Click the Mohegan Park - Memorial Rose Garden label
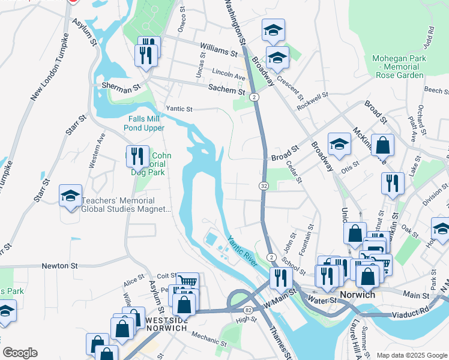coord(399,67)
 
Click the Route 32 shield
coord(264,186)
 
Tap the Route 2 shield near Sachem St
coord(255,96)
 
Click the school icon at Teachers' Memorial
coord(70,196)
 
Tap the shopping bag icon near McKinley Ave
coord(383,145)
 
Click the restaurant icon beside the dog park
coord(137,157)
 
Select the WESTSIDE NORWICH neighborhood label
coord(166,325)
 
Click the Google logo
coord(20,353)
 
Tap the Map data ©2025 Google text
coord(411,355)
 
